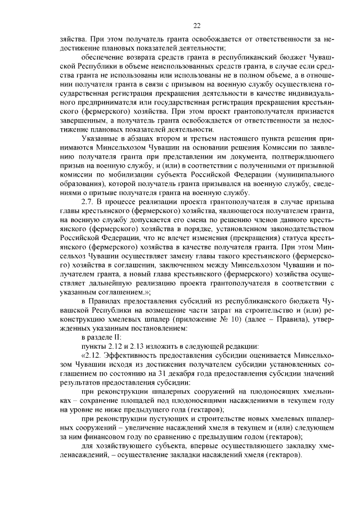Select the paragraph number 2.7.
tap(89, 201)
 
